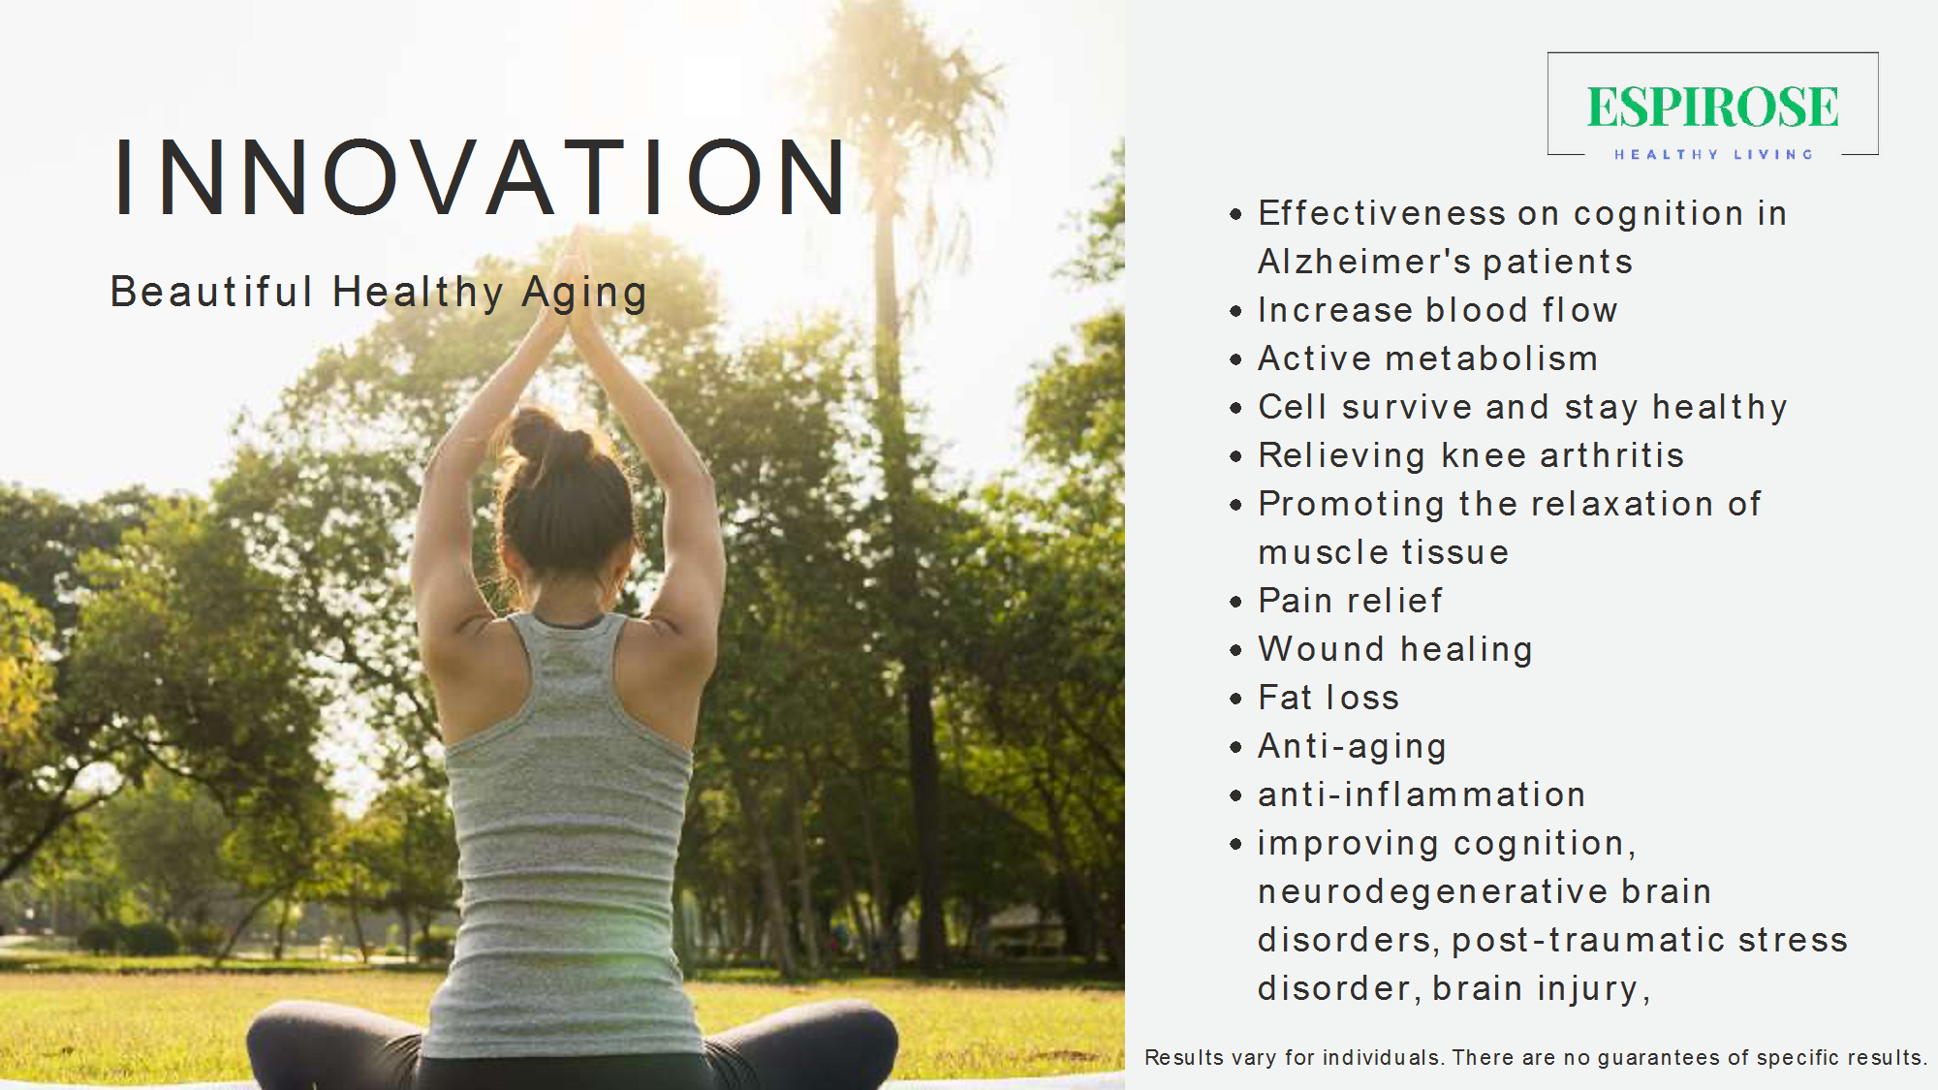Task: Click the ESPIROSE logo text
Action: click(1712, 107)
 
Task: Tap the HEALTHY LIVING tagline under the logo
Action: click(1713, 154)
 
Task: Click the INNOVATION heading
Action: click(481, 177)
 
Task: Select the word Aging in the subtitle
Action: click(584, 294)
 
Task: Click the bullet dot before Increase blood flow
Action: click(1235, 311)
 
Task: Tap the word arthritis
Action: click(1611, 455)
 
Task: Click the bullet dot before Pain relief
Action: click(1235, 602)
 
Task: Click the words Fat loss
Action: click(1328, 698)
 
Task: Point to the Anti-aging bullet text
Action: click(1352, 747)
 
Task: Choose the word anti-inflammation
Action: click(1422, 794)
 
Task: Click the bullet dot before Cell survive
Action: click(1235, 408)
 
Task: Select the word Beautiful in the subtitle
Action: click(212, 292)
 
